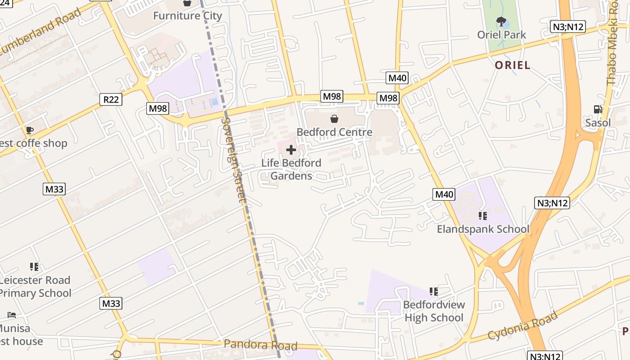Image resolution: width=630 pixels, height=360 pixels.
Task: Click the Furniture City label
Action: click(188, 16)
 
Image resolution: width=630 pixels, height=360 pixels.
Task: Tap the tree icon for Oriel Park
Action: click(501, 21)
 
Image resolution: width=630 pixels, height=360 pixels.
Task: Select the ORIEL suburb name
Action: click(513, 65)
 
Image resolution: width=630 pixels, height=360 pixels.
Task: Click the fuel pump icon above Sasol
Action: click(598, 109)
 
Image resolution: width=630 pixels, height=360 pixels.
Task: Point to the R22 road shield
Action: click(111, 99)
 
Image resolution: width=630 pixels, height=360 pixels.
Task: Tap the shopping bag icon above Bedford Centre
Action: click(334, 119)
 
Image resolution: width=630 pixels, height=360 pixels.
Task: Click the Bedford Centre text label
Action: click(334, 132)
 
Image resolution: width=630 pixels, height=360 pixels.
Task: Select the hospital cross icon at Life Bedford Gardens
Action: click(291, 150)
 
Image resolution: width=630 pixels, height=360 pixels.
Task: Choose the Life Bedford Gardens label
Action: click(291, 169)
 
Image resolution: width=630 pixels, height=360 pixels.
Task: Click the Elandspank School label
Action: click(483, 229)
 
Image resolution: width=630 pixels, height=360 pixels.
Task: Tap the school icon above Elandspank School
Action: click(483, 216)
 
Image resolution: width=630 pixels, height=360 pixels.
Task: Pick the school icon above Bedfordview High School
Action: click(433, 292)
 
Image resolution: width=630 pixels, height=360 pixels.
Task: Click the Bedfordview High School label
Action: click(434, 311)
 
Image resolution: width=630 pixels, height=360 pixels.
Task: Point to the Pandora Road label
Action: click(261, 345)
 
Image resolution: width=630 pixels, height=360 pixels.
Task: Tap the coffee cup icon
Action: click(29, 130)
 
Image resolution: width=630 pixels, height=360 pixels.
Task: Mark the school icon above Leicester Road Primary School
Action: click(34, 267)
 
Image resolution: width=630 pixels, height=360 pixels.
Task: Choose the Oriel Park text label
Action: click(501, 35)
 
